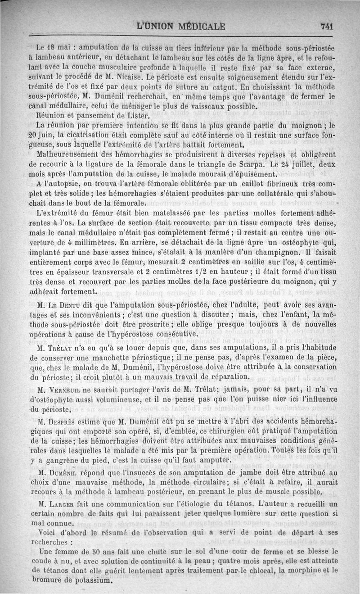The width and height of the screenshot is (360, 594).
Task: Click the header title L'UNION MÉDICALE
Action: [180, 26]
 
